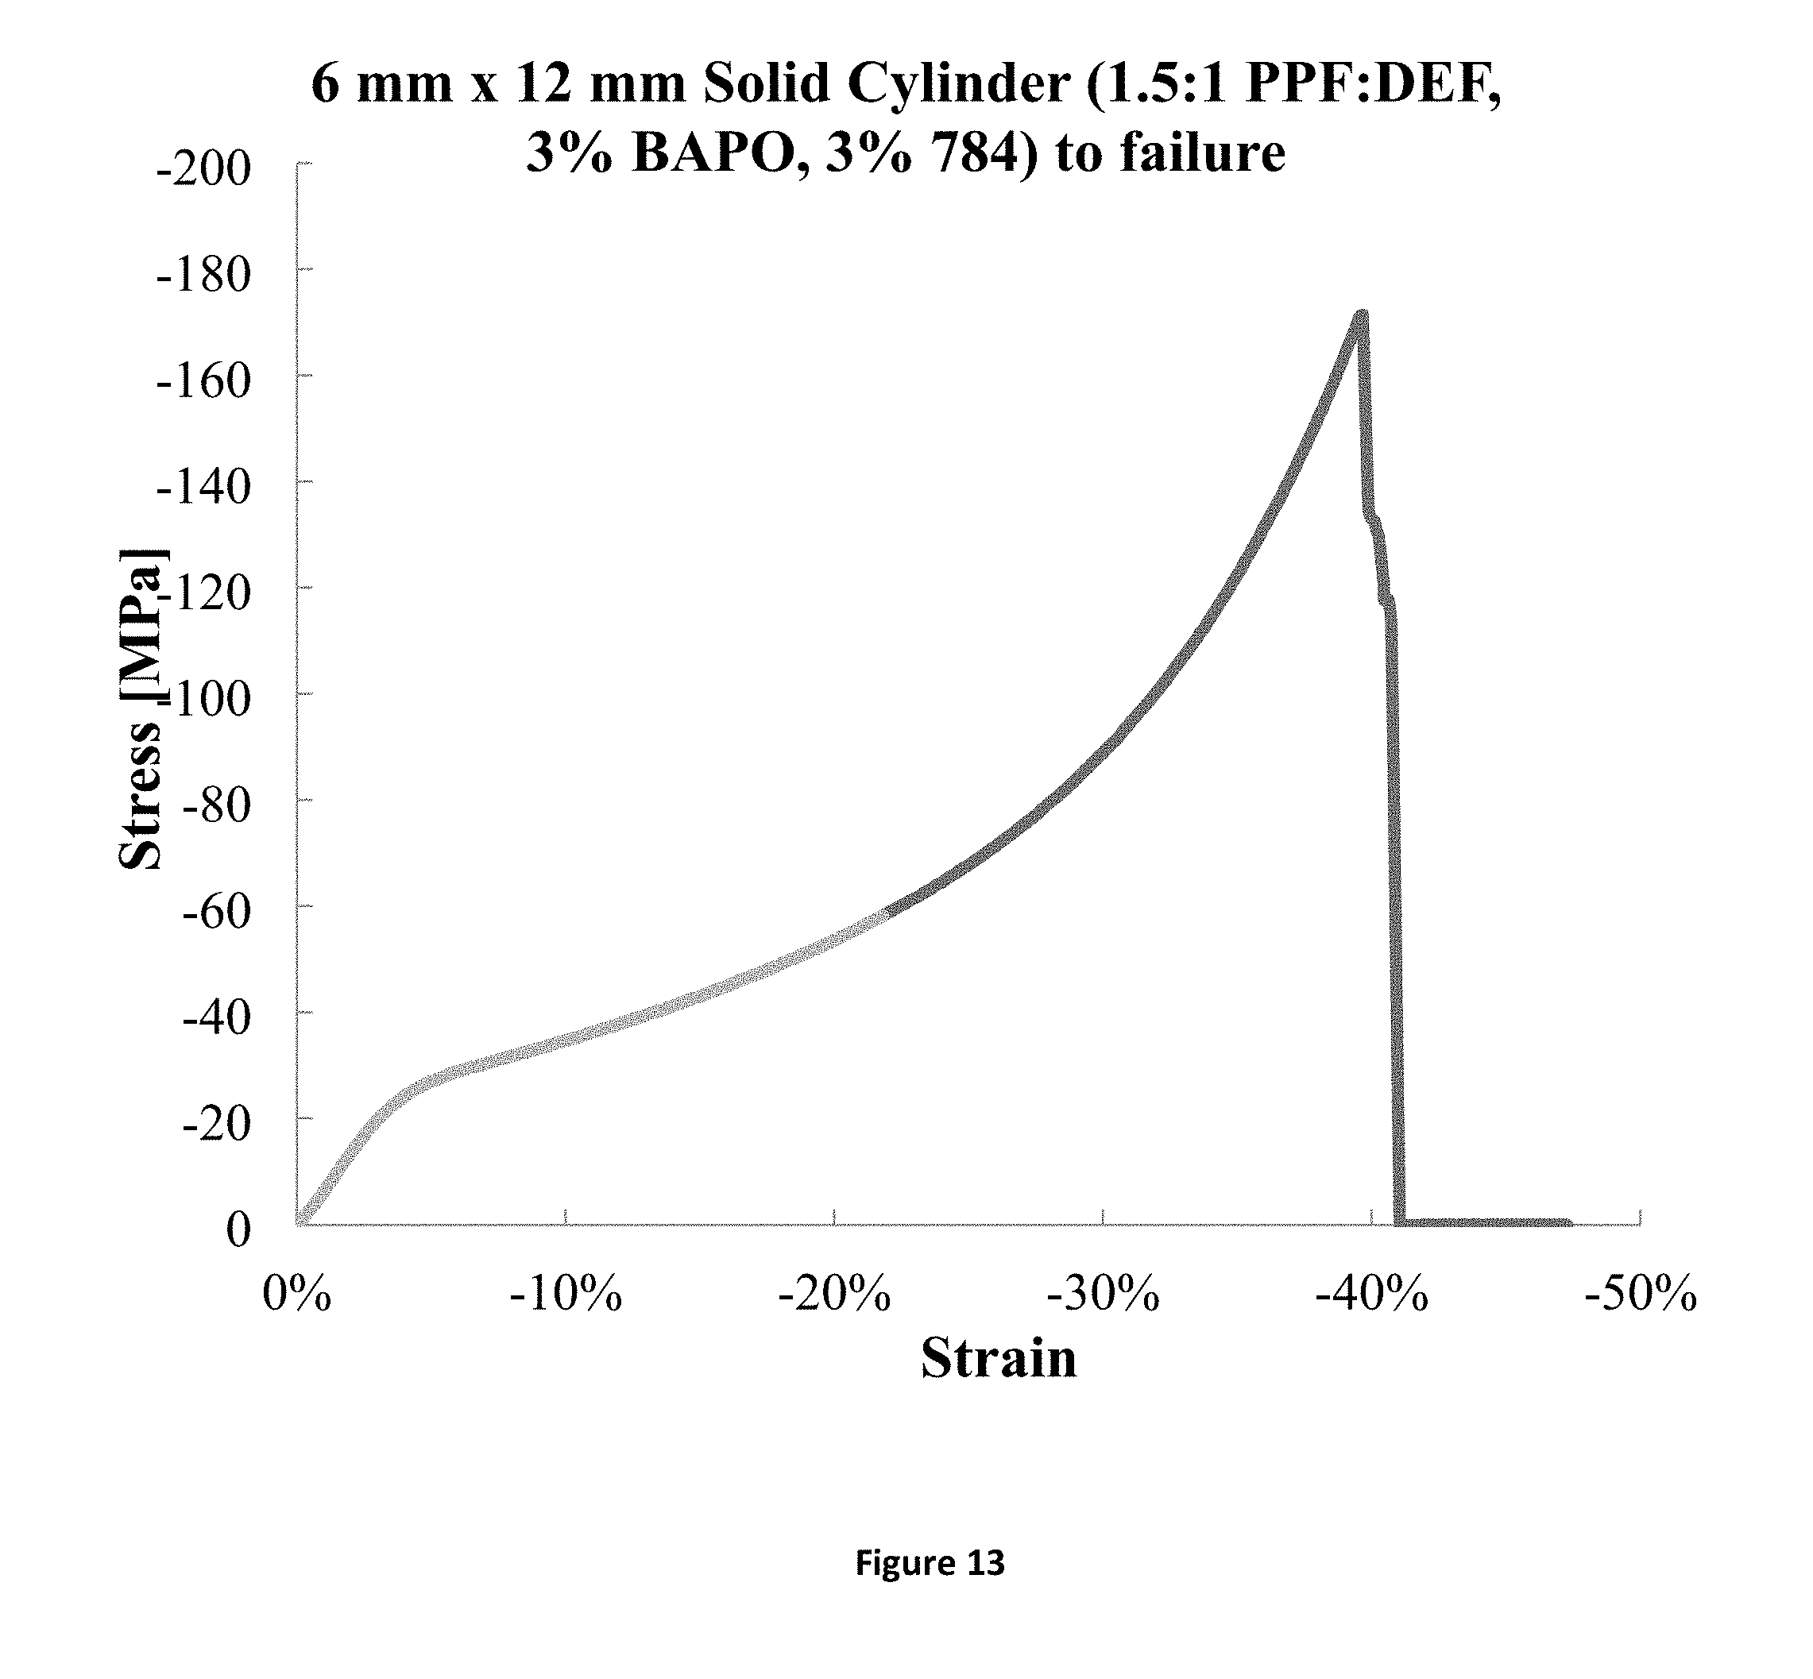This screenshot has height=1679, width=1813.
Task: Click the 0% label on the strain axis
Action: [x=296, y=1294]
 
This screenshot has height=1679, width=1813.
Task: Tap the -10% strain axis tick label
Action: [x=565, y=1294]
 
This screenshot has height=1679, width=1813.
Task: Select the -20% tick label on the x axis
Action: [x=834, y=1294]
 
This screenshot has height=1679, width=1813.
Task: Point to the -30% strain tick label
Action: [x=1103, y=1294]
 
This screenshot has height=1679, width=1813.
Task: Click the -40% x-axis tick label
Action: [x=1371, y=1294]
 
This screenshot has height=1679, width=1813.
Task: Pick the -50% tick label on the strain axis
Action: [x=1640, y=1294]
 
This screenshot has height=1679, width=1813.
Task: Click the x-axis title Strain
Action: [x=998, y=1359]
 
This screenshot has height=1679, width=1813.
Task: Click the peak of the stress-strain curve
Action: [x=1360, y=315]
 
